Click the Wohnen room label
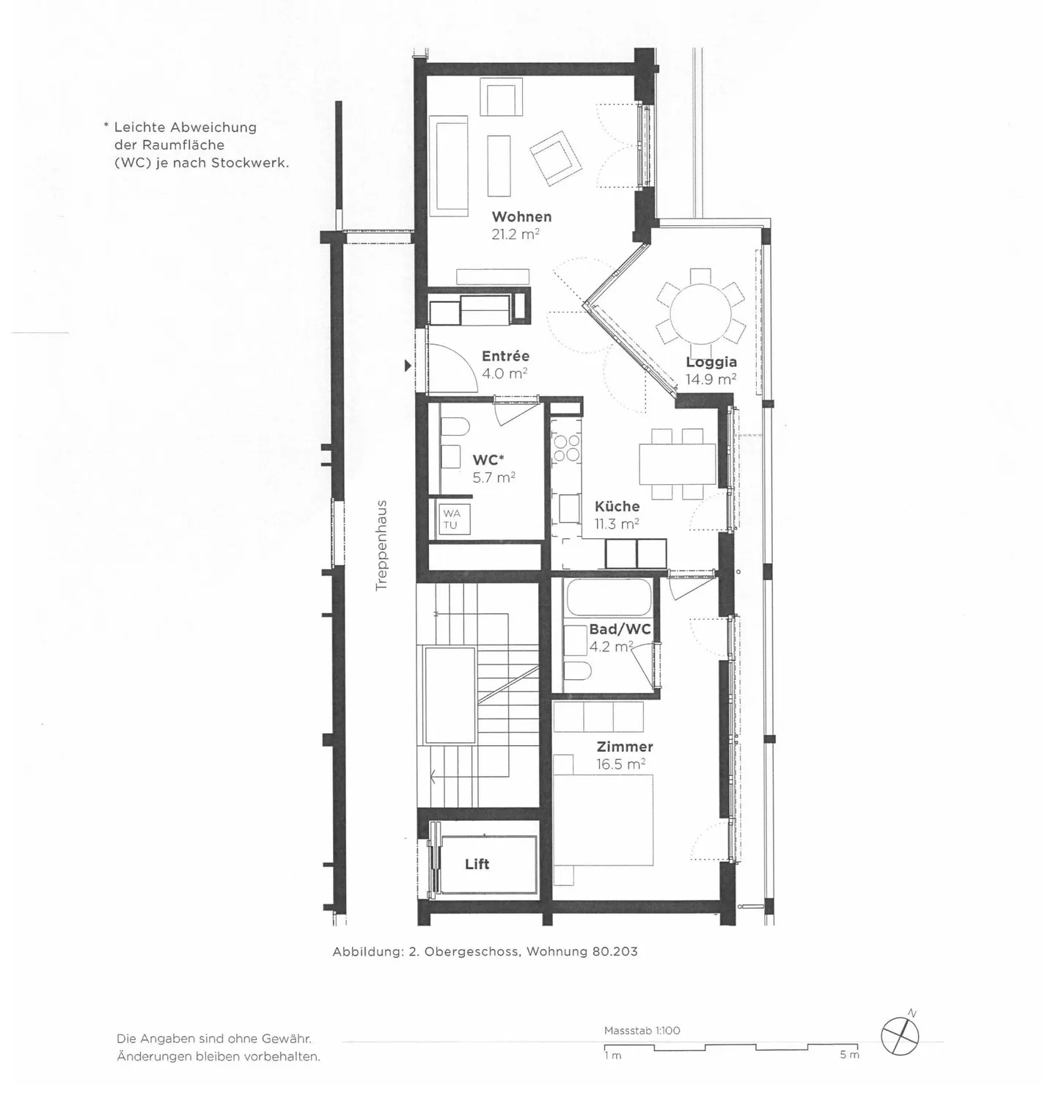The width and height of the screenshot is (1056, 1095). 521,216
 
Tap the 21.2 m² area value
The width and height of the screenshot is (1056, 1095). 516,235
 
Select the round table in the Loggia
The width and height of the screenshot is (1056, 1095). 700,306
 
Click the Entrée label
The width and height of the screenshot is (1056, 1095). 505,356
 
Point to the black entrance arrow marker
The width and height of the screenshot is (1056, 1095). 408,365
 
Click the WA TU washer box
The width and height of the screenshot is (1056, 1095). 451,519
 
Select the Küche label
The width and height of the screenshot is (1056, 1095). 617,506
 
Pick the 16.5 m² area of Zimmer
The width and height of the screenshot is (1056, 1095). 620,764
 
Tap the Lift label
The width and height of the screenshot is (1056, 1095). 477,864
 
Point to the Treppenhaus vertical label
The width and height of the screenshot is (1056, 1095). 381,546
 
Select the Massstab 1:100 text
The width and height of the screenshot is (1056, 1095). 642,1030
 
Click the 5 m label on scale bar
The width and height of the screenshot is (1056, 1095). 849,1055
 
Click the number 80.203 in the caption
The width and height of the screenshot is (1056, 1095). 614,951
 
